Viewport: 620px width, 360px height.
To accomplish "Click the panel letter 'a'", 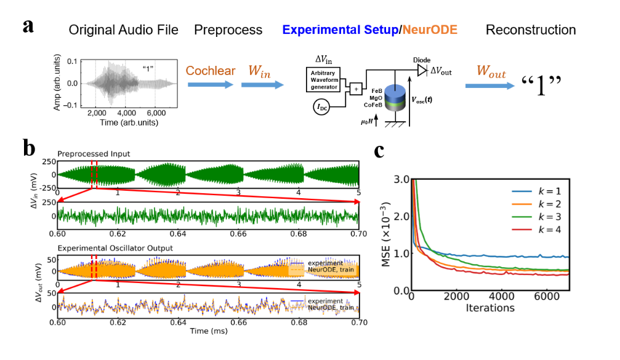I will click(28, 27).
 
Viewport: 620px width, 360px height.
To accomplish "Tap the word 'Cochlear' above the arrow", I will click(211, 71).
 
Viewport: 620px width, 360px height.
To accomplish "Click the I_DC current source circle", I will click(321, 110).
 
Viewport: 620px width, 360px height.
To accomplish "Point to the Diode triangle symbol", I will click(422, 71).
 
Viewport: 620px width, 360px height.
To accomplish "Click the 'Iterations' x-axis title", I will click(491, 307).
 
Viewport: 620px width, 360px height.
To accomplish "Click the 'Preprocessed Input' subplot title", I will click(93, 154).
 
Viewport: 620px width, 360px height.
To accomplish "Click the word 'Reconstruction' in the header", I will click(531, 30).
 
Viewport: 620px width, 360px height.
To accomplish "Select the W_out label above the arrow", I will click(491, 72).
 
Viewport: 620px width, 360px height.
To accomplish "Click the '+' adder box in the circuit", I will click(356, 90).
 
